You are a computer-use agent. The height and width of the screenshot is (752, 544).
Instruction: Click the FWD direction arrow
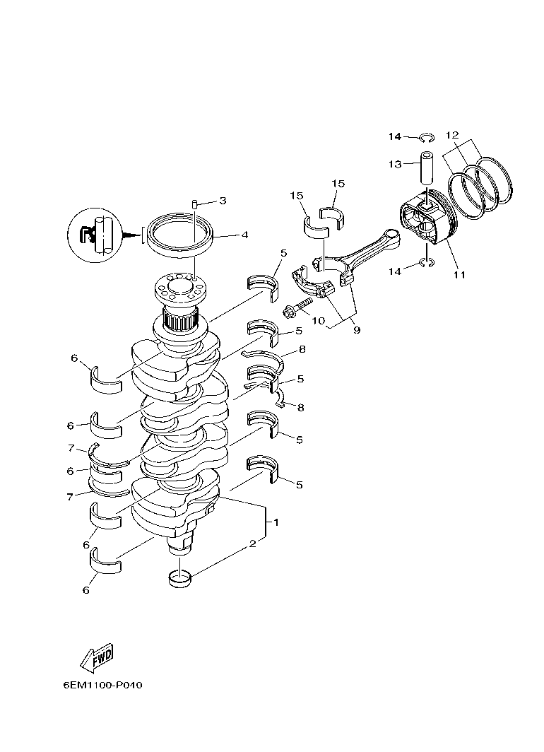point(97,657)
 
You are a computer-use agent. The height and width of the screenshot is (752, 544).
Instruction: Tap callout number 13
point(394,164)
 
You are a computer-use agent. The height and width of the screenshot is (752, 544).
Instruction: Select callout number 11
point(459,274)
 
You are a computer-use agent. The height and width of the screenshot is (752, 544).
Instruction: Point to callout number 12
point(452,134)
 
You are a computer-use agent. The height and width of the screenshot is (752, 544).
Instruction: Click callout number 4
point(244,235)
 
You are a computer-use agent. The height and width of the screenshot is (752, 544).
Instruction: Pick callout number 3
point(223,201)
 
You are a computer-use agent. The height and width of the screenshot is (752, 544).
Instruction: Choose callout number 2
point(252,544)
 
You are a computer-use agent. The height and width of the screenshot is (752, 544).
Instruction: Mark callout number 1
point(276,522)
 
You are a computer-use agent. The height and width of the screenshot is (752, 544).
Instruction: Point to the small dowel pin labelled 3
point(194,204)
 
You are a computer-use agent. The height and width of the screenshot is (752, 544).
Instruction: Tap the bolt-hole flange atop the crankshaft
point(179,289)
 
